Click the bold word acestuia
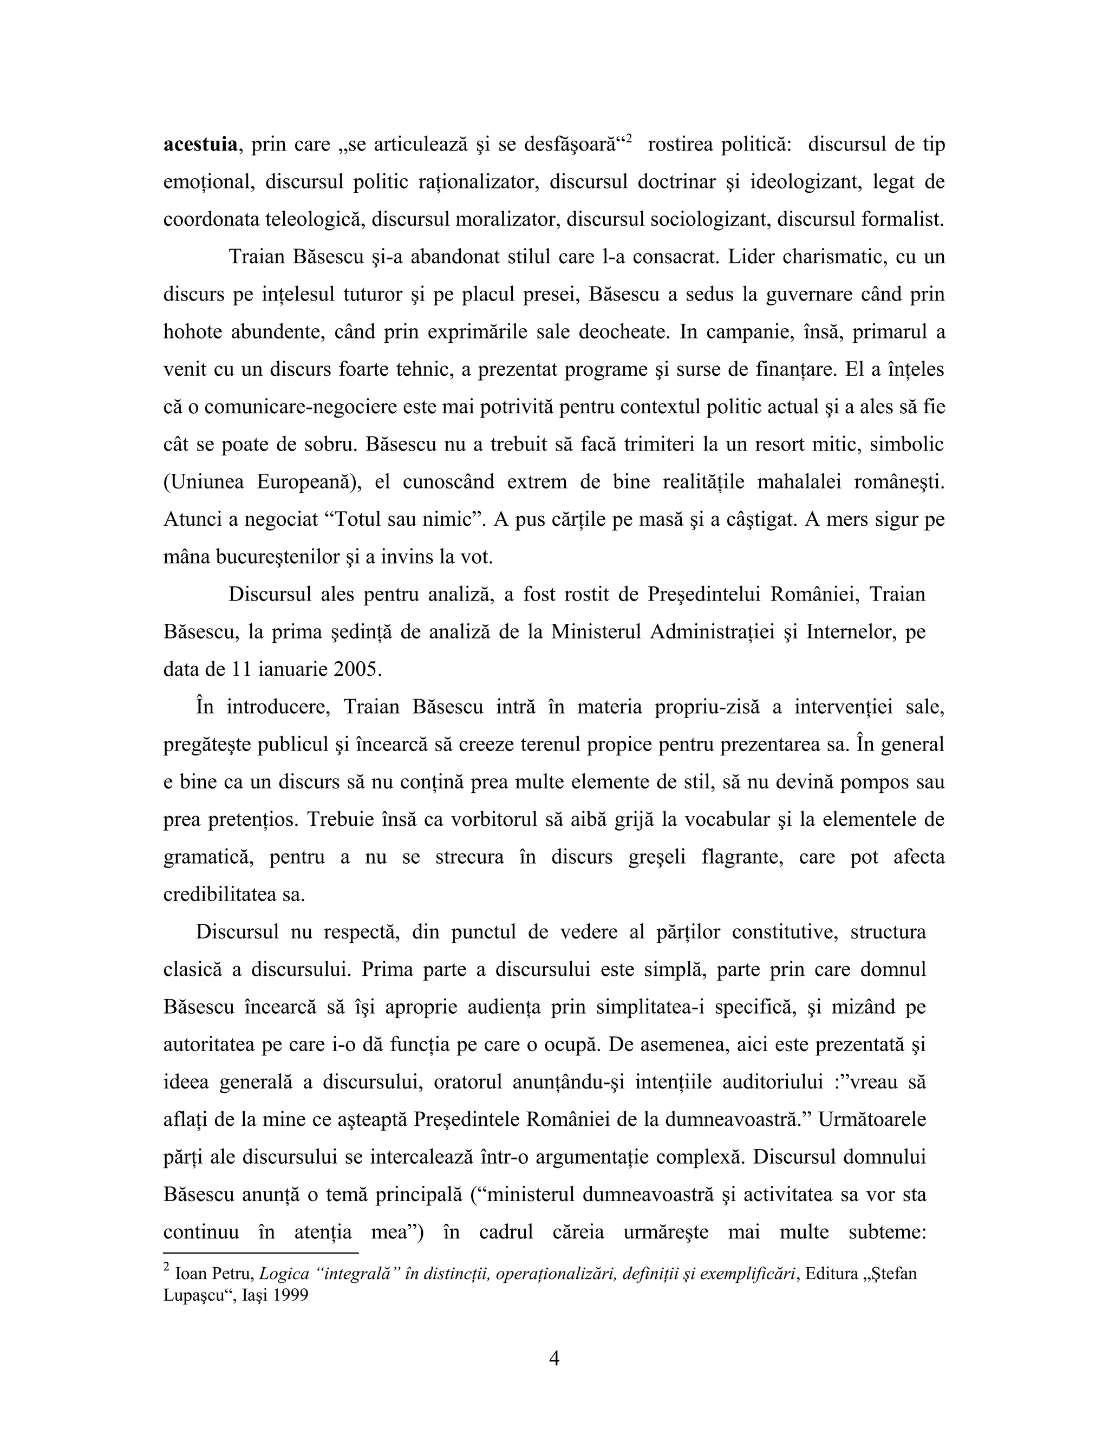coord(200,145)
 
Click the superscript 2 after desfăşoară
coord(629,139)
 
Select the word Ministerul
coord(595,632)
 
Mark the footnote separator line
coord(261,1253)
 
